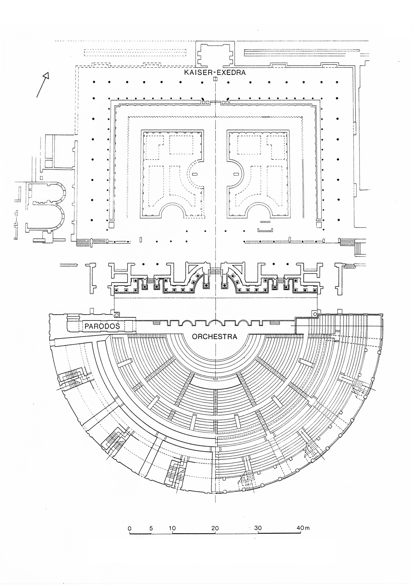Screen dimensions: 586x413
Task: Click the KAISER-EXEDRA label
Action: (x=215, y=73)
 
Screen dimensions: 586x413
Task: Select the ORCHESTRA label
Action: (x=214, y=337)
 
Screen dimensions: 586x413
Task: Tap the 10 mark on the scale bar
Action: (x=172, y=528)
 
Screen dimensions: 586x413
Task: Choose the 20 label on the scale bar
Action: (x=215, y=528)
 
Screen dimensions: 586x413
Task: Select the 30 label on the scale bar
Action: (x=258, y=528)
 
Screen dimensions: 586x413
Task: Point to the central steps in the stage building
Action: (x=215, y=271)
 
